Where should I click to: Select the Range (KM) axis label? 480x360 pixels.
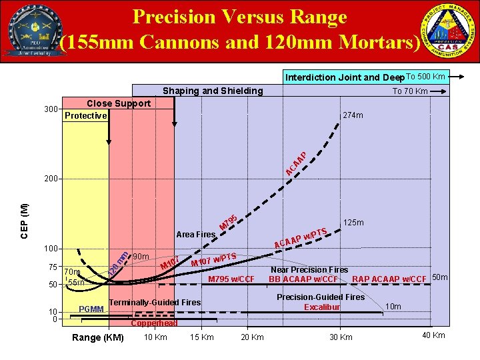99,337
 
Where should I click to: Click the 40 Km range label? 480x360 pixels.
434,335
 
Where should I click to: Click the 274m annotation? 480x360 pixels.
353,115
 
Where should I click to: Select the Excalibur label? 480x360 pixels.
322,307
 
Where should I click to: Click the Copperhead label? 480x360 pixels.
154,323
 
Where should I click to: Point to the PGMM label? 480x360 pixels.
91,309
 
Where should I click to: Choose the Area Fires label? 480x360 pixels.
195,235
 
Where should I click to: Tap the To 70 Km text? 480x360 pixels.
410,91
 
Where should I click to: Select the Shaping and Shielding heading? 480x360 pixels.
213,91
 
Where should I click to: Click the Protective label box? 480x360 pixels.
85,115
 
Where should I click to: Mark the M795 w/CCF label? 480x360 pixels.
232,278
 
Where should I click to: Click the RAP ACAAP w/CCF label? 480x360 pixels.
389,278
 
